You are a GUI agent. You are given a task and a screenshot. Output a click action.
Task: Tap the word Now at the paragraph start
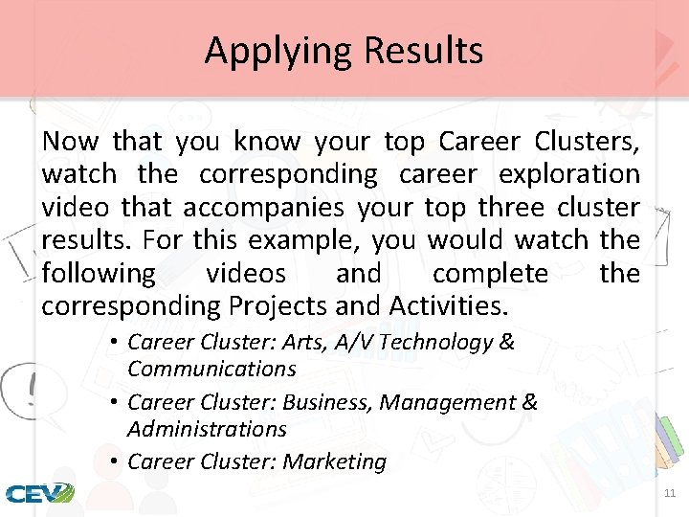tap(70, 142)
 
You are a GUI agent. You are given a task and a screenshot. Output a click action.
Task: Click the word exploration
tap(569, 174)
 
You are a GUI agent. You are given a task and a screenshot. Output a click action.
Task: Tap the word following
tap(99, 274)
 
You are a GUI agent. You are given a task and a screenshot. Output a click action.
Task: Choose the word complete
tap(490, 274)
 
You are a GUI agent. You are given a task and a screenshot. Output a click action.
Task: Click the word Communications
tap(211, 369)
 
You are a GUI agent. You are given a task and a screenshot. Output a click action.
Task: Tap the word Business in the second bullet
tap(327, 403)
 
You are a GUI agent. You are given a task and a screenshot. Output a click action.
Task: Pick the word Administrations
tap(207, 429)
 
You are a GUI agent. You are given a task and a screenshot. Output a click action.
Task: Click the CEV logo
tap(39, 493)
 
